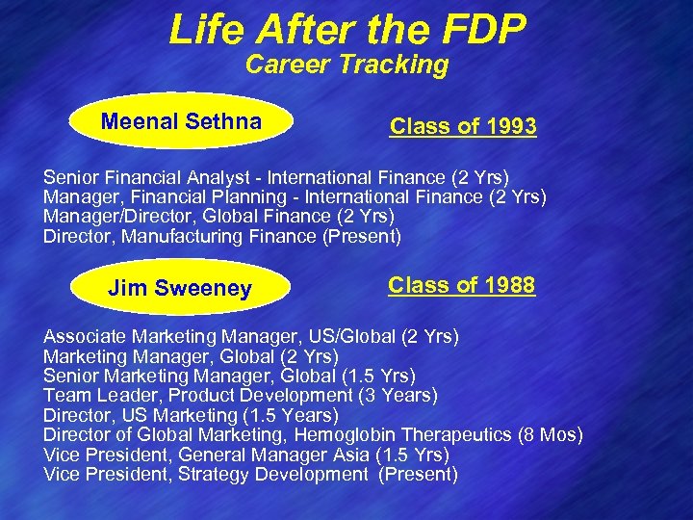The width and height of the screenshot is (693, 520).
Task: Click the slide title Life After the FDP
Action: coord(347,29)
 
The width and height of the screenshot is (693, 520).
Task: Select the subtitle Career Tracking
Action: coord(346,65)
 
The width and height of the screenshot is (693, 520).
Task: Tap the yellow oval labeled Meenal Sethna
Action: coord(181,122)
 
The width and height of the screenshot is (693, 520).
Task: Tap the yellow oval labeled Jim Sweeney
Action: coord(180,288)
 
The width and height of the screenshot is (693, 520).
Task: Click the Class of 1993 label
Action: coord(463,126)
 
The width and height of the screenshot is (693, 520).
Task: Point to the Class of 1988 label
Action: coord(462,286)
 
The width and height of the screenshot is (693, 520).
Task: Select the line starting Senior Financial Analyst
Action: coord(276,177)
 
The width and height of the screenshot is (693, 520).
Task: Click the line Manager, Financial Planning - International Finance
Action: coord(295,196)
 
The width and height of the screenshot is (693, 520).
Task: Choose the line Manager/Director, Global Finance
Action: coord(218,216)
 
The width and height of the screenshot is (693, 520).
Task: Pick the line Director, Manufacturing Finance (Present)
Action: coord(222,235)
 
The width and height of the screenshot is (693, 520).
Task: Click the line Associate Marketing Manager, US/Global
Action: coord(251,337)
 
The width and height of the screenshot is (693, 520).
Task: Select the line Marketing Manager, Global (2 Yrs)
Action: coord(191,356)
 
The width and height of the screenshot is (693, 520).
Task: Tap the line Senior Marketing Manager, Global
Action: coord(229,376)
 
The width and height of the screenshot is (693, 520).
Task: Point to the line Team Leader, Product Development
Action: coord(241,395)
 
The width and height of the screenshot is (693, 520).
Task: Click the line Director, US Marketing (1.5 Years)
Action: coord(191,415)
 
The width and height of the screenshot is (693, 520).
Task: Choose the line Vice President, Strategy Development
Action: coord(250,474)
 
